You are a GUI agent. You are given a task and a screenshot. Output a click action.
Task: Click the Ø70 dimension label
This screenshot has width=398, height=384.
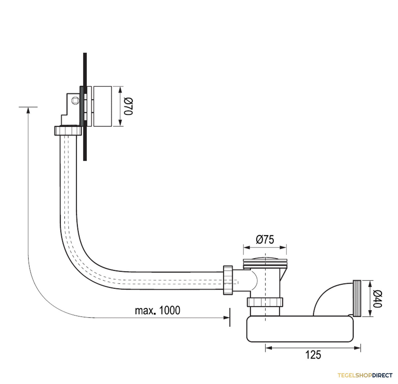tap(128, 106)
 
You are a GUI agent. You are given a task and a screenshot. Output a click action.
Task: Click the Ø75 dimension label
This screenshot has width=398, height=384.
tap(265, 239)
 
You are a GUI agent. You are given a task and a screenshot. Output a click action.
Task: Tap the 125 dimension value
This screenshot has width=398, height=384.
tap(313, 355)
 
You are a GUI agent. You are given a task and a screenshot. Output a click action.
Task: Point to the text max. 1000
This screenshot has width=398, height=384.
tap(158, 310)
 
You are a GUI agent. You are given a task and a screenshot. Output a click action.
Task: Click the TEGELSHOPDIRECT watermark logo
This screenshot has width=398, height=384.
tap(365, 375)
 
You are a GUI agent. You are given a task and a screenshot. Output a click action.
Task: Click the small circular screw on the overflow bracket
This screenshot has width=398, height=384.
tap(75, 100)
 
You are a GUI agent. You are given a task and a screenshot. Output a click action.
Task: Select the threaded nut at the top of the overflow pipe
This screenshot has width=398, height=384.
tap(68, 130)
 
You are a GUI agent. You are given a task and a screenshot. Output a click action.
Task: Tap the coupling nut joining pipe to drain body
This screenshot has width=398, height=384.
tap(228, 280)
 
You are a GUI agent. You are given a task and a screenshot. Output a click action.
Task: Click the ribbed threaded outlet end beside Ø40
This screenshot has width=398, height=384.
tap(357, 298)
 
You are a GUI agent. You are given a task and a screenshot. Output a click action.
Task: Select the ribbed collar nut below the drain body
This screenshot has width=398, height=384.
tap(265, 302)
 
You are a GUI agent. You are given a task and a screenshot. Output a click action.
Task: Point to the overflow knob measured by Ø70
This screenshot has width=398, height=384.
tap(102, 106)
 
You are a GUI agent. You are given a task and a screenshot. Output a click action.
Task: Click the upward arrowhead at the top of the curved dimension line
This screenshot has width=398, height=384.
tap(28, 110)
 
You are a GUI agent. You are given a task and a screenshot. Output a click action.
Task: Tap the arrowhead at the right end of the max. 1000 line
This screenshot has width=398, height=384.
tap(227, 318)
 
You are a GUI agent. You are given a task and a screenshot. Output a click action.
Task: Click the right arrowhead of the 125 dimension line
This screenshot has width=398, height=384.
tap(357, 348)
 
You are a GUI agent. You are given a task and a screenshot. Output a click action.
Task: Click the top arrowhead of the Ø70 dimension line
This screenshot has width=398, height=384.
tap(120, 90)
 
